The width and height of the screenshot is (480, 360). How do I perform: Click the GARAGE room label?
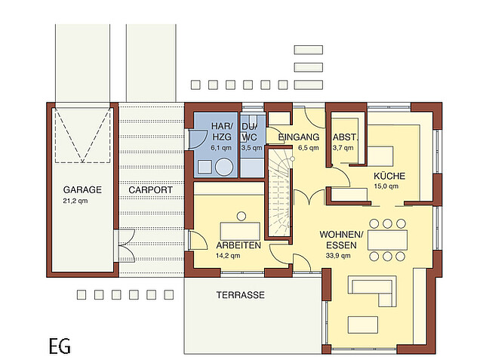[x=82, y=189]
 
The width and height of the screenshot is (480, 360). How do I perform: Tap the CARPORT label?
[x=151, y=189]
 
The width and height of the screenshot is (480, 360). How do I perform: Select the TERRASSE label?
[x=241, y=295]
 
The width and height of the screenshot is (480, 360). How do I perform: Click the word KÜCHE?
[x=389, y=176]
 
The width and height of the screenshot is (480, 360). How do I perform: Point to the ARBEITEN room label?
[x=238, y=245]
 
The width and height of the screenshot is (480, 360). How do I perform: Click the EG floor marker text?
[x=60, y=346]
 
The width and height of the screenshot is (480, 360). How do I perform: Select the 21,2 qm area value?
[x=75, y=201]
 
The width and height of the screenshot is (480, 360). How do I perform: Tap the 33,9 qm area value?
[x=338, y=256]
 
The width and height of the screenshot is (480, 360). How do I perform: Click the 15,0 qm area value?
[x=386, y=186]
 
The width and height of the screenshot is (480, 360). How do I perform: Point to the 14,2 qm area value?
[x=228, y=256]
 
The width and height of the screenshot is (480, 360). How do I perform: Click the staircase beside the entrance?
[x=278, y=192]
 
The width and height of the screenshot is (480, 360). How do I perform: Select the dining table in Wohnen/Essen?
[x=388, y=240]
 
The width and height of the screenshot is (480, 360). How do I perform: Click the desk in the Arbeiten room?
[x=240, y=232]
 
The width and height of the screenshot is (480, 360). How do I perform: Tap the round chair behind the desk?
[x=242, y=217]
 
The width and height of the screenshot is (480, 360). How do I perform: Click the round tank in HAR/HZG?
[x=224, y=167]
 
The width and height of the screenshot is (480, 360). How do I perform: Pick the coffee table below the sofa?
[x=363, y=325]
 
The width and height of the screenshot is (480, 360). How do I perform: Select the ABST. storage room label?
[x=345, y=137]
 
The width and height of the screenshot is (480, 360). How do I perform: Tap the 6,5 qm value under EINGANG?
[x=309, y=148]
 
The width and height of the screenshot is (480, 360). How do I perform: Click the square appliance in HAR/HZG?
[x=205, y=167]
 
